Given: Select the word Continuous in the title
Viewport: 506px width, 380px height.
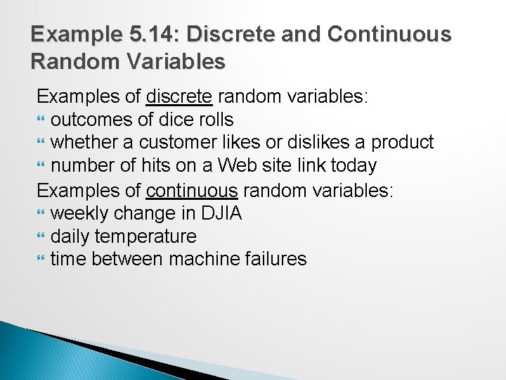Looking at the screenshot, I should click(389, 34).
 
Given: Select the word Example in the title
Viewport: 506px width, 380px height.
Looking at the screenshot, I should click(66, 34).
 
